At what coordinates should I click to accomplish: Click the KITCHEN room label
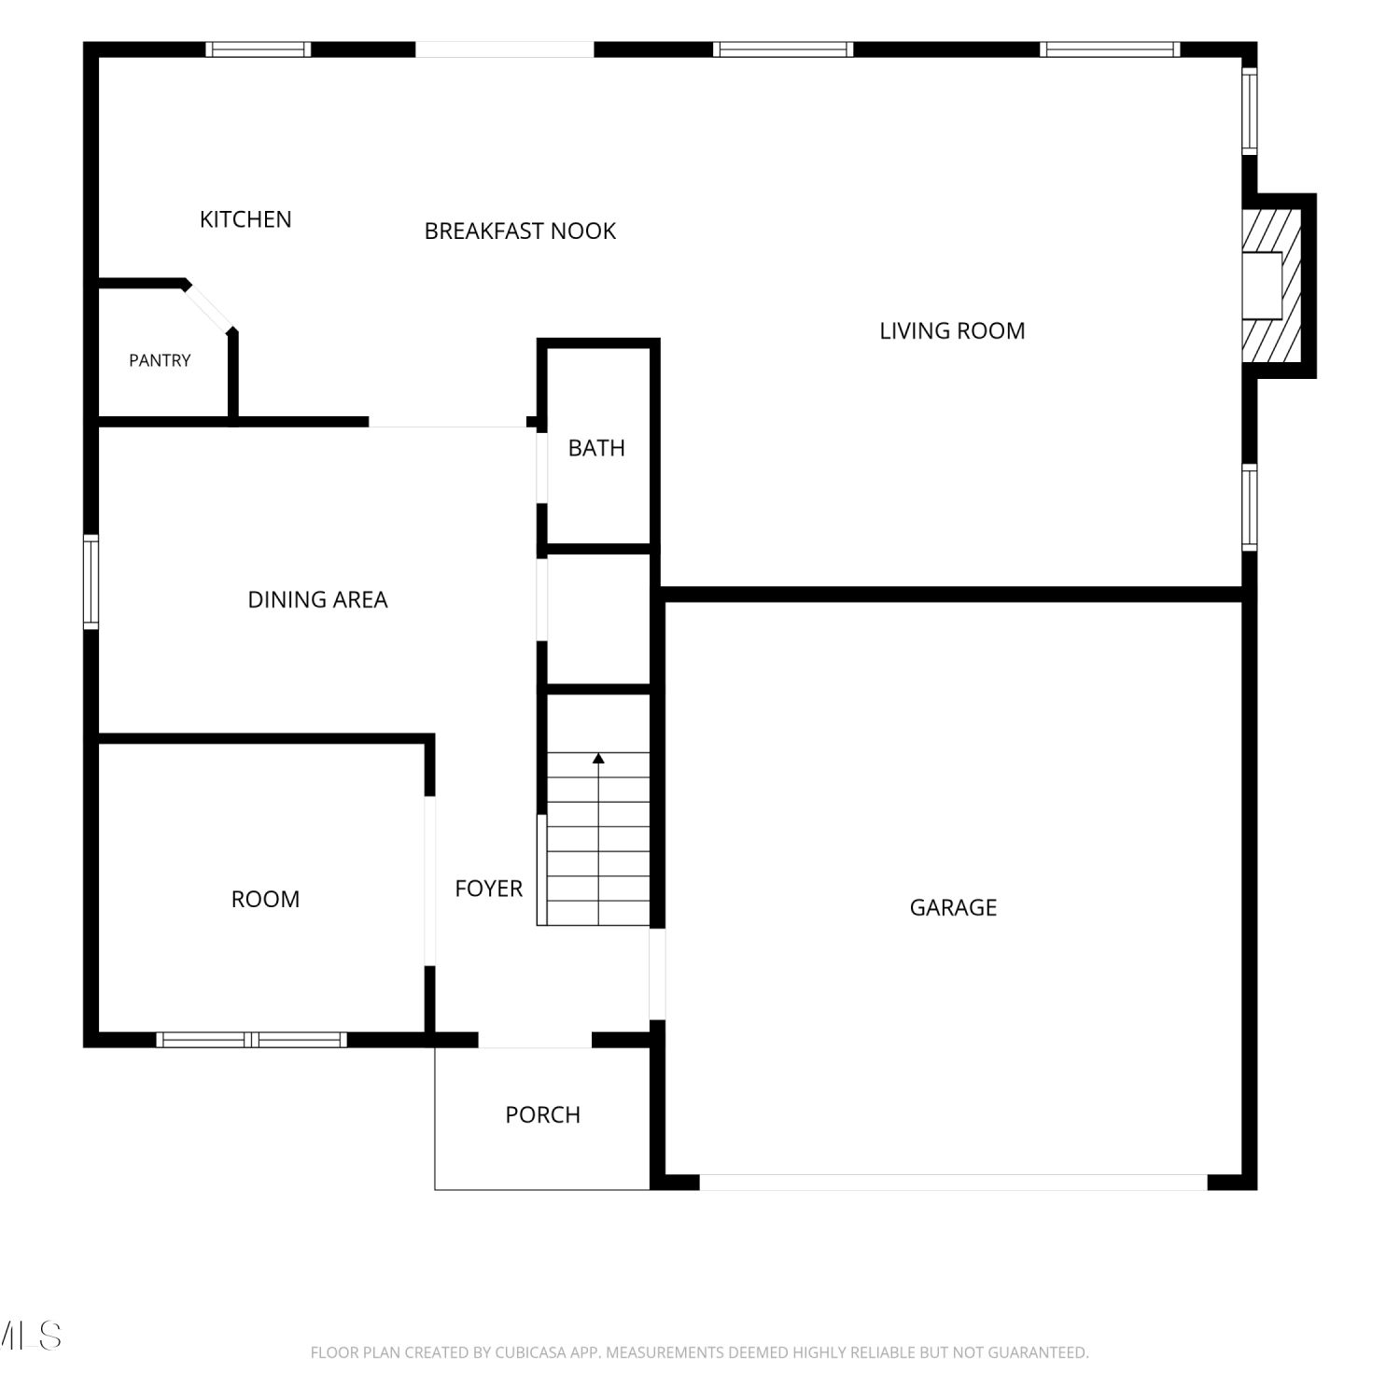[x=245, y=219]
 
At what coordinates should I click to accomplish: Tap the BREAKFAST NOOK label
[x=520, y=231]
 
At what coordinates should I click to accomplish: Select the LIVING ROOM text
[x=952, y=331]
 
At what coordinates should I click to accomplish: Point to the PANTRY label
[x=160, y=360]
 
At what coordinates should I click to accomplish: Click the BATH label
[x=596, y=448]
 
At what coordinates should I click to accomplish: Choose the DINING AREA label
[x=317, y=600]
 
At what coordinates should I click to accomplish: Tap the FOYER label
[x=488, y=889]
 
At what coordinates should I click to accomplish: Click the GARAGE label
[x=953, y=907]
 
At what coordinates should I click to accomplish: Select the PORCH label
[x=542, y=1114]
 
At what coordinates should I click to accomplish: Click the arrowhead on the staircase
[x=598, y=758]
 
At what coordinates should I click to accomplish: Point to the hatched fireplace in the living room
[x=1271, y=286]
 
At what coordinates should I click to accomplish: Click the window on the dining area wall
[x=91, y=581]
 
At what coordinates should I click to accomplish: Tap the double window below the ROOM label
[x=252, y=1040]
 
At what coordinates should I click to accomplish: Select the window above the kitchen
[x=259, y=49]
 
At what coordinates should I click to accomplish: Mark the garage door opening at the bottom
[x=954, y=1183]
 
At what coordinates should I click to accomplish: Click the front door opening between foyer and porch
[x=536, y=1040]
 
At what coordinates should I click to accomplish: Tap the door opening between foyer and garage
[x=657, y=973]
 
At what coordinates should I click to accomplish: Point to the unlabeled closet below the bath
[x=598, y=620]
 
